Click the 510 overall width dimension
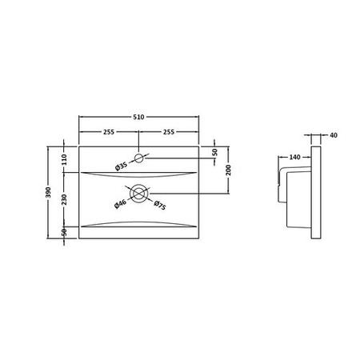138,117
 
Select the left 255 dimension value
109,132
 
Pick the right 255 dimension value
169,132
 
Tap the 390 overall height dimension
48,192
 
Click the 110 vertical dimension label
64,160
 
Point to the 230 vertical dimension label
64,199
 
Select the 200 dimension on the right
228,170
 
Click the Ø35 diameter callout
122,166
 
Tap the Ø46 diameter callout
120,204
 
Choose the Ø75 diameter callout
160,205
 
